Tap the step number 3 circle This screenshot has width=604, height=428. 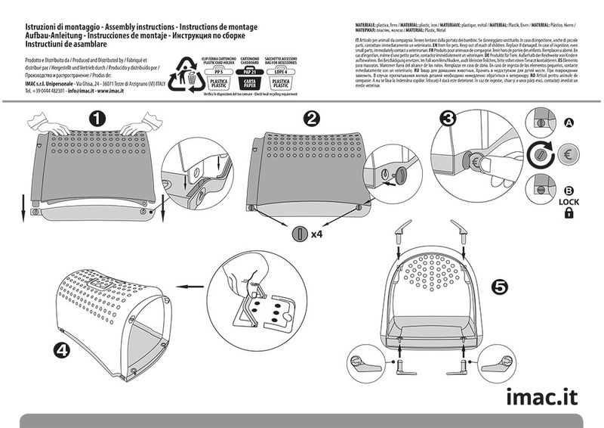coord(448,119)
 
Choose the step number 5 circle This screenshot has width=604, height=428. coord(499,287)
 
